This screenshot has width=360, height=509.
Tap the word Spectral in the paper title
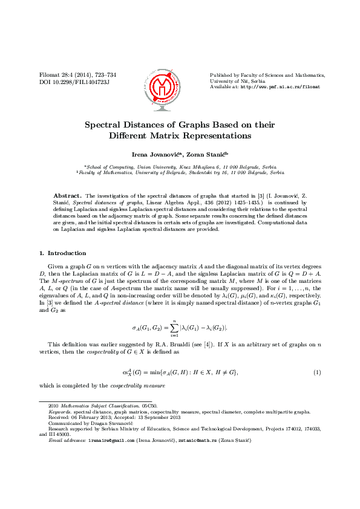[x=105, y=125]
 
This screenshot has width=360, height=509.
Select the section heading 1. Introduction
[x=62, y=253]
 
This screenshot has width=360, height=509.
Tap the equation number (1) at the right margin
[x=316, y=372]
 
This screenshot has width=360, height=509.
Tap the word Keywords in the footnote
[x=60, y=412]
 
